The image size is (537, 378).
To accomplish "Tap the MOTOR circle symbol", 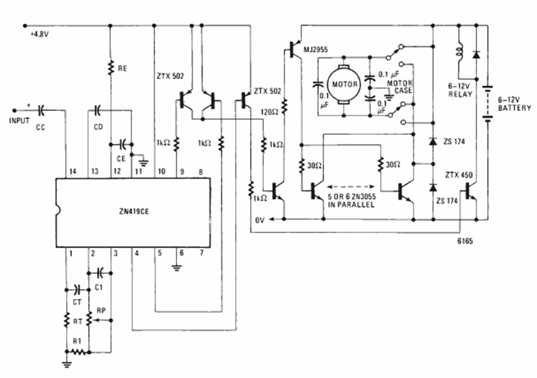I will coord(344,84).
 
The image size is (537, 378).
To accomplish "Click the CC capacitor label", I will coord(40,128).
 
